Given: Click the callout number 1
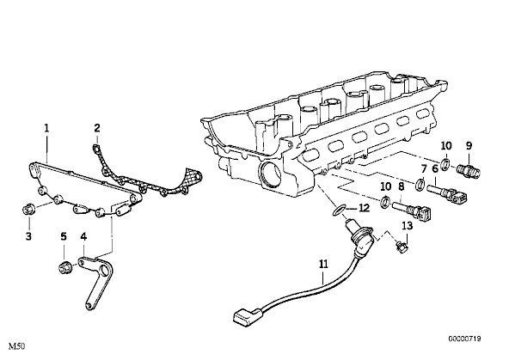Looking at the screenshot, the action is click(46, 128).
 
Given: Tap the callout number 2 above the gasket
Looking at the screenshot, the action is click(97, 128).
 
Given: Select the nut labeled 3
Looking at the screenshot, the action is click(28, 210).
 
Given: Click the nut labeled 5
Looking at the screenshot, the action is click(64, 268).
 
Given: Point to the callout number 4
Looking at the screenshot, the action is click(83, 237).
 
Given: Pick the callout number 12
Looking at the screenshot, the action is click(364, 208).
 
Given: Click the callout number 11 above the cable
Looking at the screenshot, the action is click(323, 265).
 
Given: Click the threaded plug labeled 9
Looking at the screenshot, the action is click(469, 170).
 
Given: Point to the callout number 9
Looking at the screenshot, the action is click(469, 145).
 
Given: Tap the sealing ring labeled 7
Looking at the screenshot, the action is click(420, 183).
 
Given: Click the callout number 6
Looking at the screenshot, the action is click(435, 169).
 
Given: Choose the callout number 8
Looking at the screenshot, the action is click(401, 186).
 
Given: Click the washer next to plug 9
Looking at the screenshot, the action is click(445, 163).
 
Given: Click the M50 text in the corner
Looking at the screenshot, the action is click(17, 346).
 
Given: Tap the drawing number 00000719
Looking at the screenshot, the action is click(465, 339).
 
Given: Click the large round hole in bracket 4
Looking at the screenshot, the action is click(105, 269).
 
